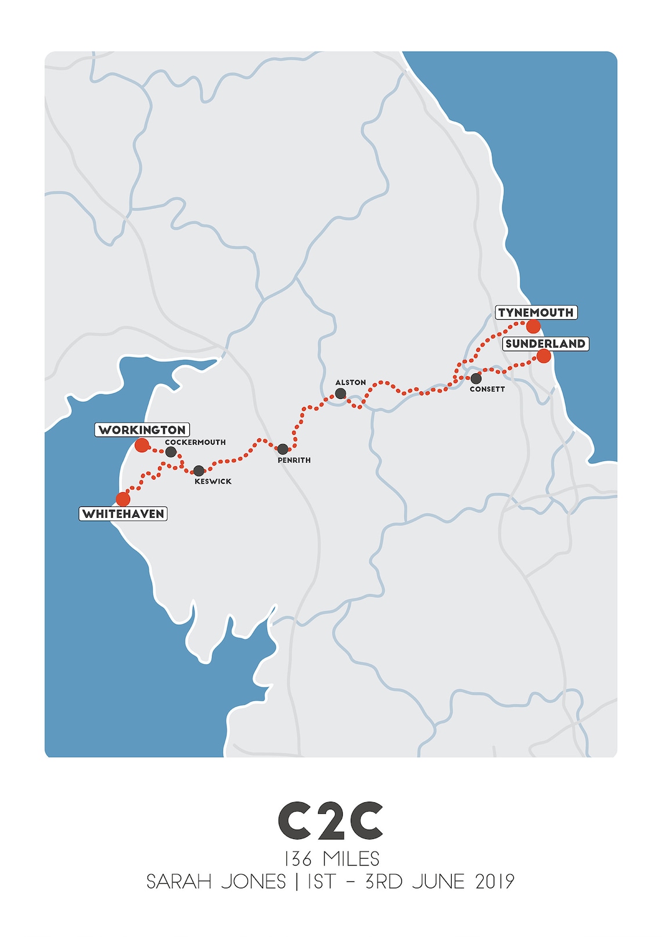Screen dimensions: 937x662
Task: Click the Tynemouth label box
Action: [x=536, y=312]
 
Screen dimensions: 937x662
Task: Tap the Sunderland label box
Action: [x=545, y=344]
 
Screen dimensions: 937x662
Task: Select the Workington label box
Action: [x=142, y=430]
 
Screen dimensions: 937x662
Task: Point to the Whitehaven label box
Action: [x=123, y=514]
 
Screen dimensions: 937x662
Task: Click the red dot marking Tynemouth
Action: [x=534, y=326]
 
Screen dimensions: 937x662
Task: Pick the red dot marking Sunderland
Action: [x=544, y=356]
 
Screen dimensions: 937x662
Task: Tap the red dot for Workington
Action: [x=142, y=445]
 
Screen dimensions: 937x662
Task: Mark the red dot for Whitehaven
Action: [x=123, y=499]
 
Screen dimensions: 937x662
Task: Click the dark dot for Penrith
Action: [x=283, y=449]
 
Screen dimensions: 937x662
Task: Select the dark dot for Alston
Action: [x=341, y=394]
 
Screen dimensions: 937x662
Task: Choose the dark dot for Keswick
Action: [x=199, y=470]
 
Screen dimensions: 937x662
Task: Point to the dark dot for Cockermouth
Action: [x=171, y=452]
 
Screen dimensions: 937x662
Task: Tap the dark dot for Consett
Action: [x=476, y=379]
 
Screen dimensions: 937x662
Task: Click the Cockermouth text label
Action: [x=195, y=442]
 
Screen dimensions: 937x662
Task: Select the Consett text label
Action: [x=487, y=389]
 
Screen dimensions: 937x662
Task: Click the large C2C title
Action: [x=330, y=821]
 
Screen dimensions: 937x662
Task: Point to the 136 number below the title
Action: [x=298, y=859]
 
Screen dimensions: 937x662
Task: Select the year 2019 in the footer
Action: [x=495, y=882]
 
